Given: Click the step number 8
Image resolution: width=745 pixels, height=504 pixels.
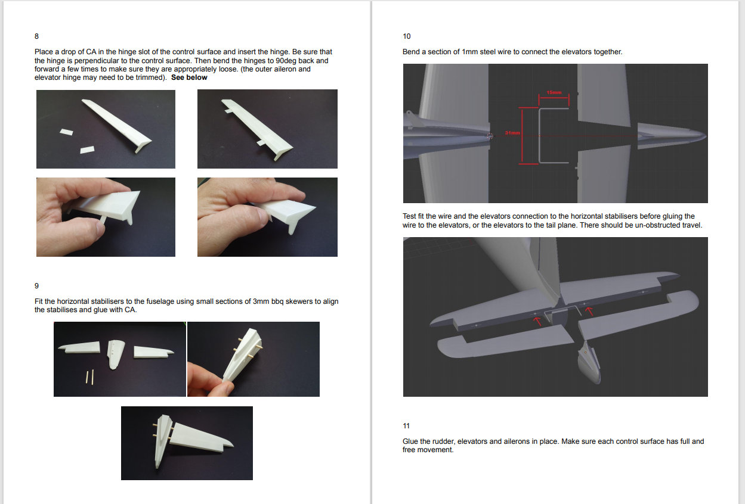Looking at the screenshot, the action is click(36, 36).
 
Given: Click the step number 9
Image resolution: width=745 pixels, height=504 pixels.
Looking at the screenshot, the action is click(36, 286).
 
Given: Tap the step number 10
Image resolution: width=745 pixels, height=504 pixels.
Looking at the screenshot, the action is click(406, 36).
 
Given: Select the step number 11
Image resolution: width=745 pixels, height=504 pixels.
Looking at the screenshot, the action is click(406, 426).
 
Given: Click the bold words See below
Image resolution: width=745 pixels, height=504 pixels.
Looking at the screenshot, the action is click(189, 77).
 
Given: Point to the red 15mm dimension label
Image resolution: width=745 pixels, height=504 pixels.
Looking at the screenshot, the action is click(554, 92).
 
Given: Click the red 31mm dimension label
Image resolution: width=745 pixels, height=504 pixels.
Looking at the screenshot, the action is click(512, 133).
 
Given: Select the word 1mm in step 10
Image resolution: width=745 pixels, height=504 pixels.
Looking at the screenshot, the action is click(469, 52).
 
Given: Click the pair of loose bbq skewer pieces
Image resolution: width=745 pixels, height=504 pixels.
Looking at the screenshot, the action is click(89, 377).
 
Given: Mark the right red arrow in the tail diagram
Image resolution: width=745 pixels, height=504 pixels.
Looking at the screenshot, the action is click(589, 311).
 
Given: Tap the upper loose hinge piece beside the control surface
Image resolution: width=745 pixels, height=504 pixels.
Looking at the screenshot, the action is click(66, 132).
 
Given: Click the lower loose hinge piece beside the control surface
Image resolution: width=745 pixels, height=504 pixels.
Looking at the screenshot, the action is click(87, 150).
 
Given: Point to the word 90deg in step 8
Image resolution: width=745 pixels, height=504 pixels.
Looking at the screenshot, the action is click(286, 61).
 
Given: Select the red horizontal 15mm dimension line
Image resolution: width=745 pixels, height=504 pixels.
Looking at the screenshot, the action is click(554, 97).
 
